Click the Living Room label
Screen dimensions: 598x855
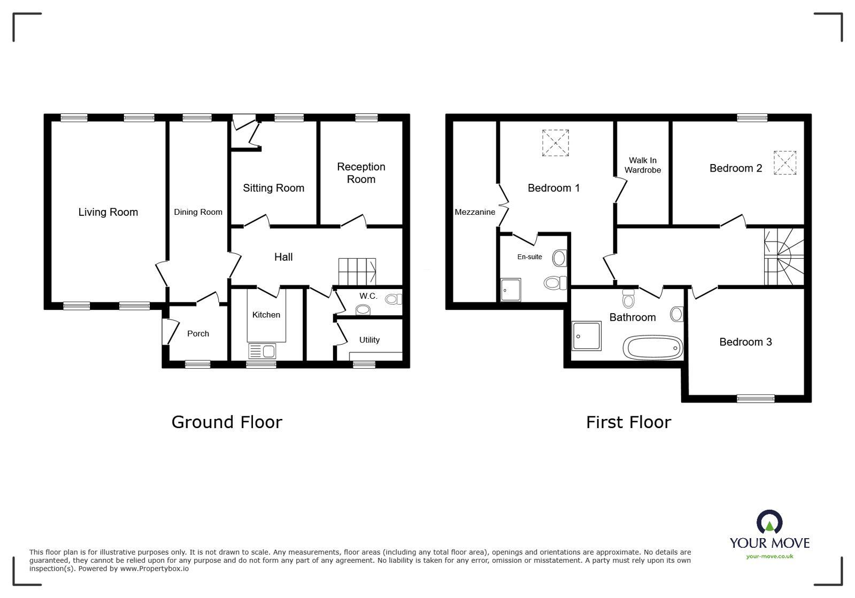(x=108, y=212)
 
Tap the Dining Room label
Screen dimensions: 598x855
(x=198, y=212)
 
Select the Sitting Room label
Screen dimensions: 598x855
(x=273, y=188)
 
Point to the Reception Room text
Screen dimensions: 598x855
(x=361, y=173)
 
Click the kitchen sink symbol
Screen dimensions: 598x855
(x=262, y=351)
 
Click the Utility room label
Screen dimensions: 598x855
(x=369, y=340)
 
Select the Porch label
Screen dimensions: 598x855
(x=198, y=333)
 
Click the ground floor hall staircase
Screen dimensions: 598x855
(x=357, y=272)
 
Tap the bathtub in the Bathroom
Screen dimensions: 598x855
(x=653, y=347)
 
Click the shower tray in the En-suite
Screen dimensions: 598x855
(x=511, y=290)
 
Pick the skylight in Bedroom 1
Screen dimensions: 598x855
(x=556, y=143)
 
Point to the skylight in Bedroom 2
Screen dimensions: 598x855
(x=785, y=163)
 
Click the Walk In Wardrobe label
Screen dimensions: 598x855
(x=643, y=165)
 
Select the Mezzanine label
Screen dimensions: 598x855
(x=475, y=212)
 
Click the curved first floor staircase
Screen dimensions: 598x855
(x=783, y=257)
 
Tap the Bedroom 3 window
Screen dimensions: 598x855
(x=756, y=398)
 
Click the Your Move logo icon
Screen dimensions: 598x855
(x=769, y=522)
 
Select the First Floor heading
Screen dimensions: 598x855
(x=628, y=422)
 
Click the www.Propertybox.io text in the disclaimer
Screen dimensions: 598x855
(x=154, y=569)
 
